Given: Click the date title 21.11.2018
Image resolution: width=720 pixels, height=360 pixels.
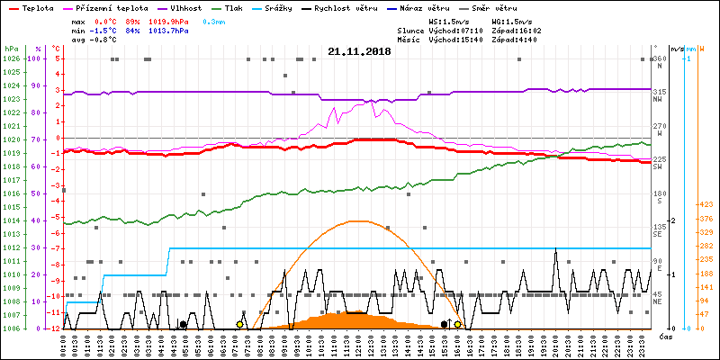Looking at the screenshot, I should tap(359, 52).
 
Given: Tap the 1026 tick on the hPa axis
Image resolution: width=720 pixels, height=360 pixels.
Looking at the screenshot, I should tap(11, 58).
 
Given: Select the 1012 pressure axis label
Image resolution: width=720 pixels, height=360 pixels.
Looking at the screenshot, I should tap(11, 247).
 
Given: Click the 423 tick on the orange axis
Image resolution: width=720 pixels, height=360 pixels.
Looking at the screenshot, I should tap(706, 204).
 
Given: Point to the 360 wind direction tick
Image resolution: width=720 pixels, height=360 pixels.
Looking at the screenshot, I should tap(659, 58).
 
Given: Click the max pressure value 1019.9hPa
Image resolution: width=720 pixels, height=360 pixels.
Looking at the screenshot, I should tap(170, 21).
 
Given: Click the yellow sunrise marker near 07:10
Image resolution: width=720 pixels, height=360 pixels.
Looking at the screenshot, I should tap(239, 324).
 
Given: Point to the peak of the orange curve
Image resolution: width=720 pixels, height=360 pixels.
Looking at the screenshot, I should tap(358, 220).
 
